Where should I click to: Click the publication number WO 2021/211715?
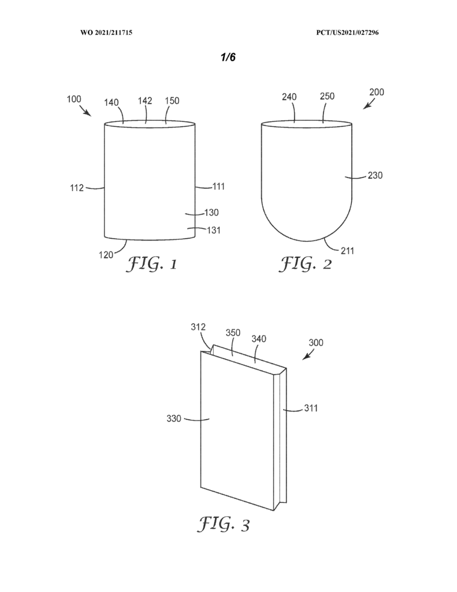click(106, 32)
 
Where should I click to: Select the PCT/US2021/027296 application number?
click(347, 32)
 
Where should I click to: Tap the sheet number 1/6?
click(228, 57)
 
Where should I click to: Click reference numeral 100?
click(74, 99)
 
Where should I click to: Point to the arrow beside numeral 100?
click(86, 112)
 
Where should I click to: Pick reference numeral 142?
click(145, 101)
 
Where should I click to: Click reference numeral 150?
click(172, 101)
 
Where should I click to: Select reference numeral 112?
click(77, 188)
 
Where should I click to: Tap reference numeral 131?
click(214, 230)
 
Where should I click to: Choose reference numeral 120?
click(106, 255)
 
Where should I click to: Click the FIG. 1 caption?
click(151, 264)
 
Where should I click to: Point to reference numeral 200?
click(377, 92)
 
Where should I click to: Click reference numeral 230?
click(375, 175)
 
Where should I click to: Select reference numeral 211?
click(347, 251)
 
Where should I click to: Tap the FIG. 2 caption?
click(305, 264)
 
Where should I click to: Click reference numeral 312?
click(198, 327)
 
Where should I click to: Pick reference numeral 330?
click(174, 419)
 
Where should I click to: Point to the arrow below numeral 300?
click(309, 355)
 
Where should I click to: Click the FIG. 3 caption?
click(224, 524)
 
